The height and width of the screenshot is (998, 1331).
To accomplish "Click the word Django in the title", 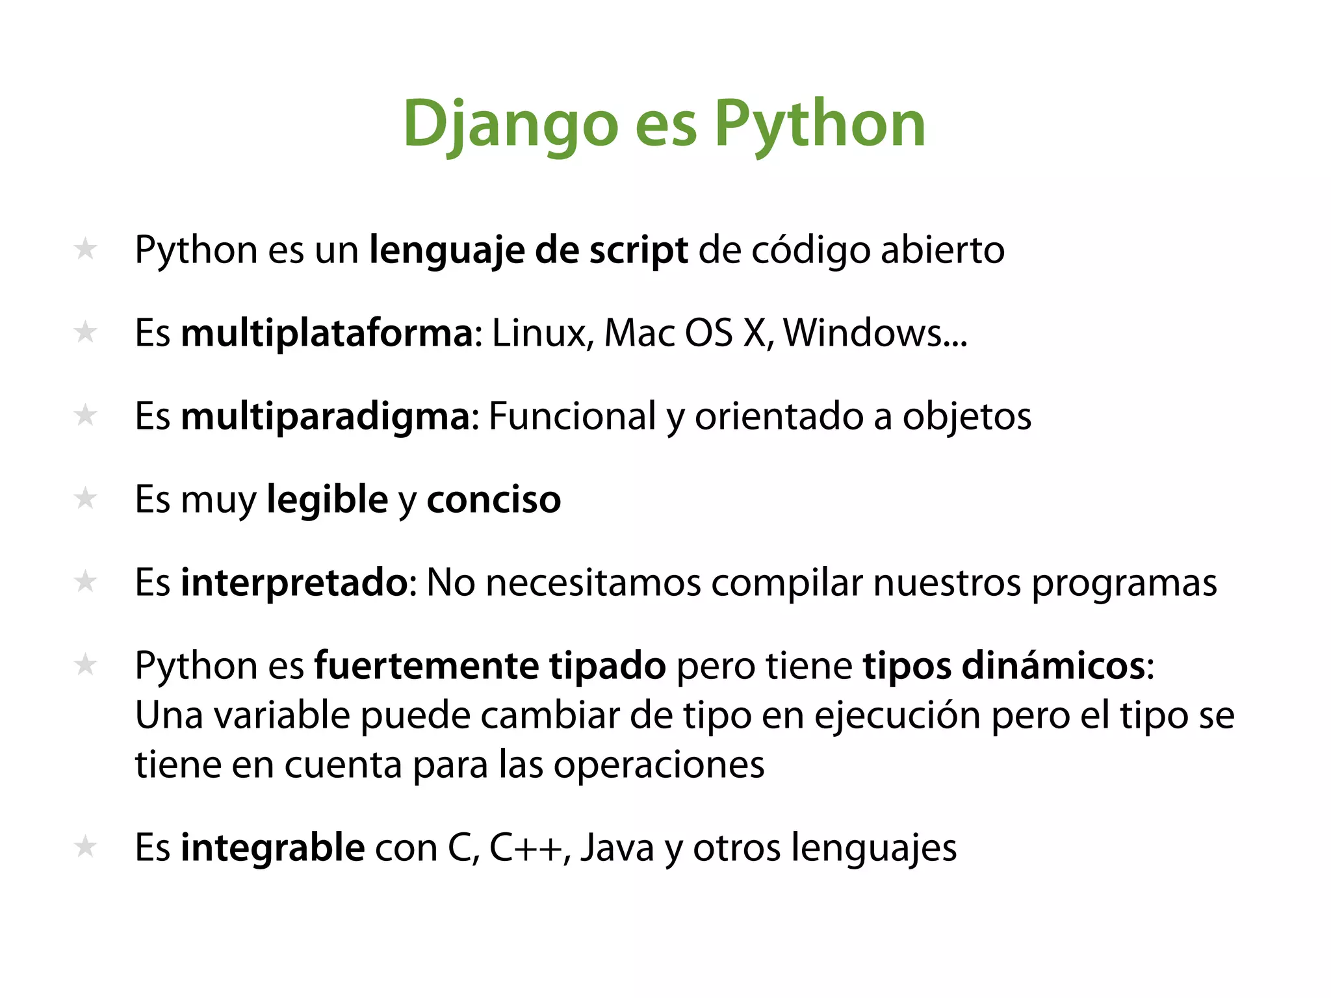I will pyautogui.click(x=510, y=123).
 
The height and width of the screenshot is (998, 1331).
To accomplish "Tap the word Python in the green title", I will pyautogui.click(x=820, y=123).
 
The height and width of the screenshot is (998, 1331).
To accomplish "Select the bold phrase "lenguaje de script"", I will pyautogui.click(x=528, y=250).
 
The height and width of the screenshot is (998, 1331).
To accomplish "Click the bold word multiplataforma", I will pyautogui.click(x=328, y=333).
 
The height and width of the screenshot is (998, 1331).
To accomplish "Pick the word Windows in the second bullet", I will pyautogui.click(x=863, y=333).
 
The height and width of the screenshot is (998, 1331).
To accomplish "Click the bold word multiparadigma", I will pyautogui.click(x=326, y=416).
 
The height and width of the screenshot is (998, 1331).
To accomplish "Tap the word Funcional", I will pyautogui.click(x=572, y=416).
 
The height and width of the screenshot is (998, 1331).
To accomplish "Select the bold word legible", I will pyautogui.click(x=328, y=500).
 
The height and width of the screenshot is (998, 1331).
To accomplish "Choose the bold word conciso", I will pyautogui.click(x=494, y=500).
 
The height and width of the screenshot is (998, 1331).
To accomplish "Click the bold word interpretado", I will pyautogui.click(x=294, y=583).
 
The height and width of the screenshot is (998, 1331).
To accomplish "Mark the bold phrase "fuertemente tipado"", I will pyautogui.click(x=490, y=666).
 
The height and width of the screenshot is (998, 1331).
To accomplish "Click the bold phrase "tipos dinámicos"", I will pyautogui.click(x=1004, y=666).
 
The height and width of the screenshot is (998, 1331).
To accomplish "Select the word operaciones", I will pyautogui.click(x=659, y=765).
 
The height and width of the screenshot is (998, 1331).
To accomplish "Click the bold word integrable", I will pyautogui.click(x=272, y=848).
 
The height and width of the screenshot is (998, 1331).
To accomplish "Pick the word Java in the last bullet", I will pyautogui.click(x=617, y=848).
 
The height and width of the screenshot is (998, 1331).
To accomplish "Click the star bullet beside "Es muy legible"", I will pyautogui.click(x=85, y=499).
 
